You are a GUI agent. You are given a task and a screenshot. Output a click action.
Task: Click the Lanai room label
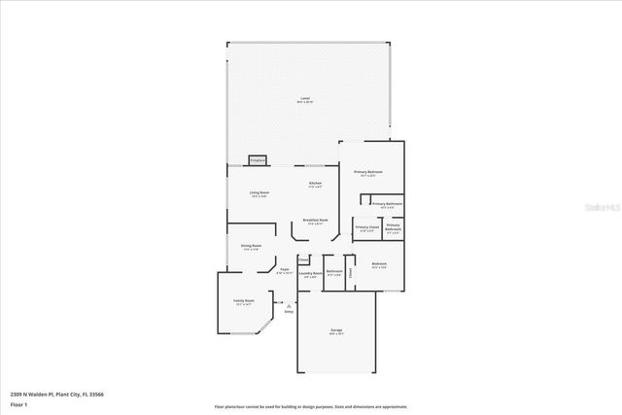point(305,100)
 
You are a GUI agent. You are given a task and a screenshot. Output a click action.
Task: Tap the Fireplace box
point(258,159)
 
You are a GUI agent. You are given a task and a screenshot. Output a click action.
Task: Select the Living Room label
point(259,194)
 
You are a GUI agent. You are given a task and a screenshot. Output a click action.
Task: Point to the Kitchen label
point(315,186)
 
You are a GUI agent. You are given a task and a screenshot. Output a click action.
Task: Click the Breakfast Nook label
point(315,222)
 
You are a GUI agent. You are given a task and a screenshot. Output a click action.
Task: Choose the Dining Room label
point(251,247)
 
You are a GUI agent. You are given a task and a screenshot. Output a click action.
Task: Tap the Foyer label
point(285,271)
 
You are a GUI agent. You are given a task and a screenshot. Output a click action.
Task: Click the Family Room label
point(243,302)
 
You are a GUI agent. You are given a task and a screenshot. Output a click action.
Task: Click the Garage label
point(336,331)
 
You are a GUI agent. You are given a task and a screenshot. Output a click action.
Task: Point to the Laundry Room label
point(311,275)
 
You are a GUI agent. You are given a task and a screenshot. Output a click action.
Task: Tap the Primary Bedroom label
point(367,174)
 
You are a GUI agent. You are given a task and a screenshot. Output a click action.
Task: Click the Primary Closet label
point(366,228)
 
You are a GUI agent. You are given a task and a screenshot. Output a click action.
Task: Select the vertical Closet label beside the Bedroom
point(351,271)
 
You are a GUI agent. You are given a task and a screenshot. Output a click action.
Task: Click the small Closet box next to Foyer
point(303,259)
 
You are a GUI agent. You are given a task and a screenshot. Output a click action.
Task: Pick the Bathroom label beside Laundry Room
point(333,272)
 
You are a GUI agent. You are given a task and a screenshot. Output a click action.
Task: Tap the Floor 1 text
point(19,403)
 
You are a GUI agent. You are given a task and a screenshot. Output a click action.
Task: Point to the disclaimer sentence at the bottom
point(311,406)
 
